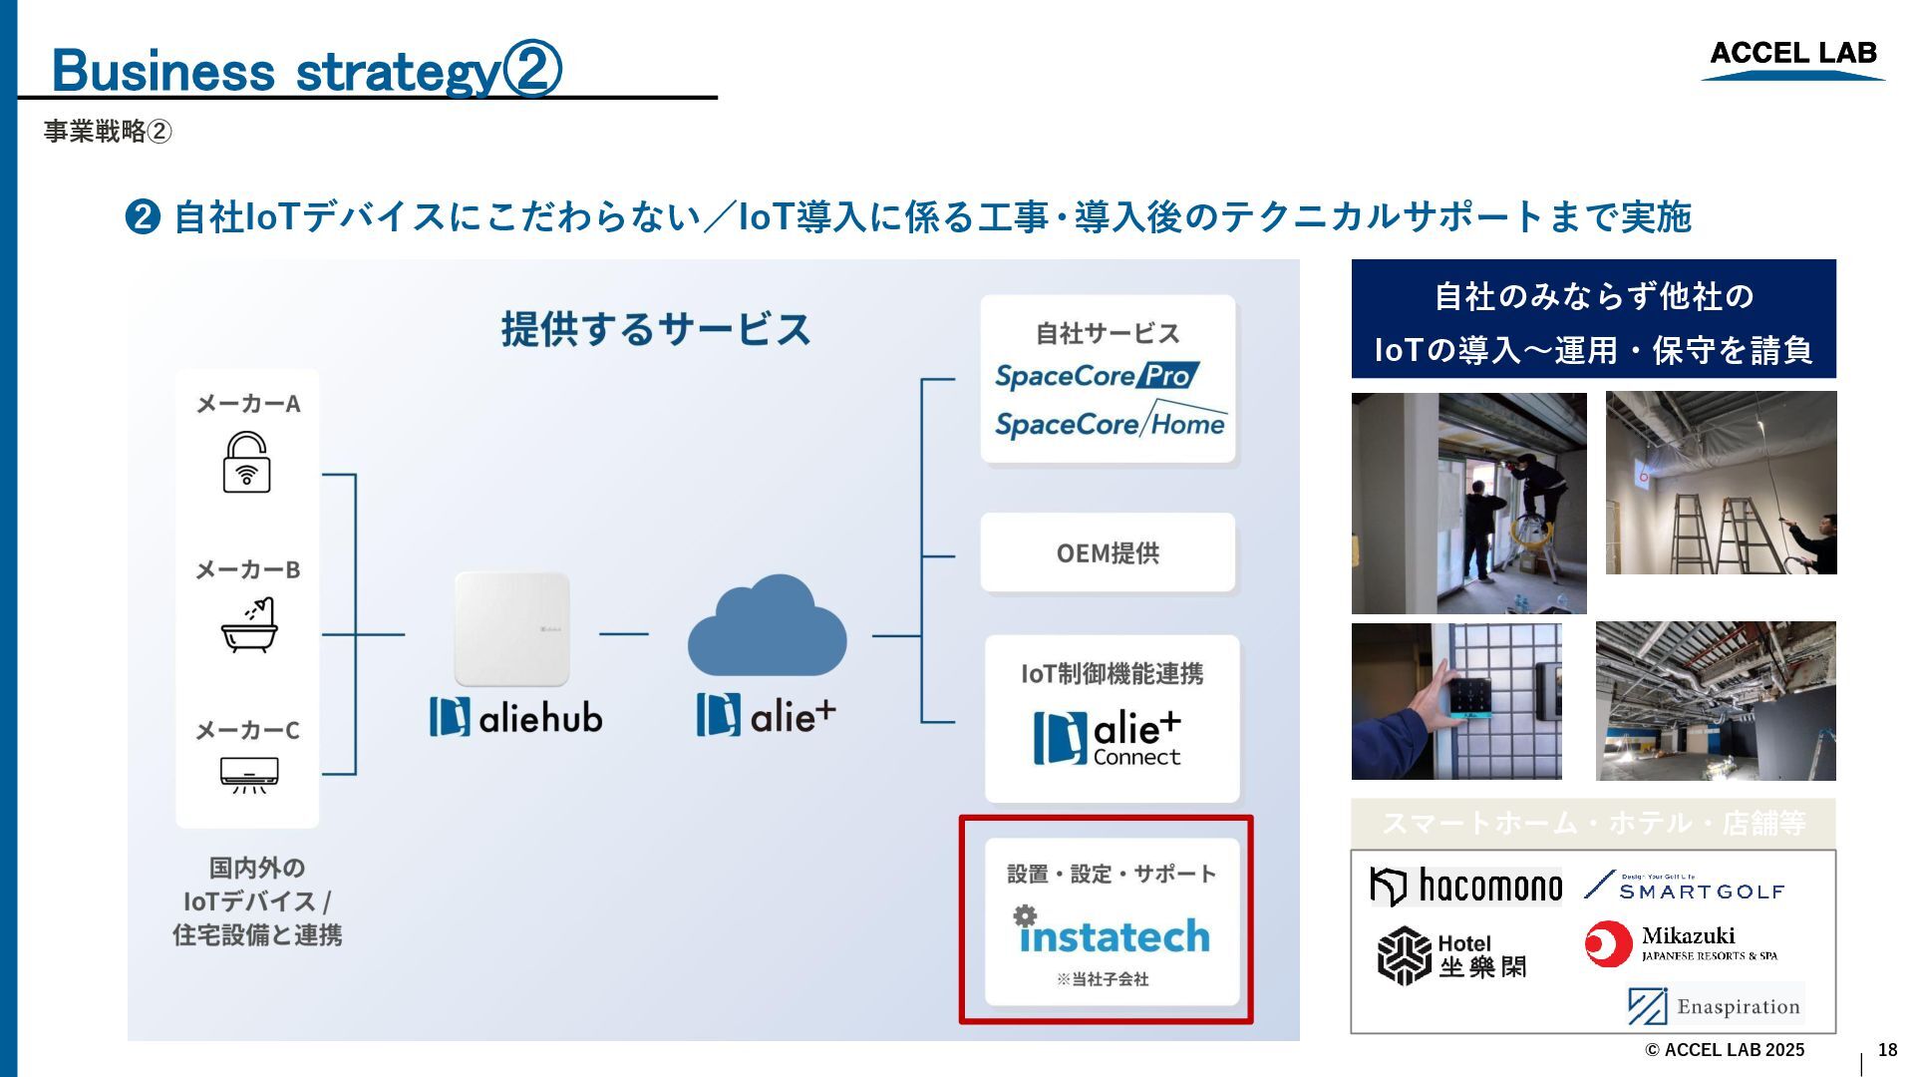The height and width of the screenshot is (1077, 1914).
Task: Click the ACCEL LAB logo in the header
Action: [x=1792, y=57]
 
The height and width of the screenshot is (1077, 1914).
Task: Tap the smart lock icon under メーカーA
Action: [x=246, y=462]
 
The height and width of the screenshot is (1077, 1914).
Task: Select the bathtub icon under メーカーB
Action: [x=248, y=625]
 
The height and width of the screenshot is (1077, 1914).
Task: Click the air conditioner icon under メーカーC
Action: [x=248, y=774]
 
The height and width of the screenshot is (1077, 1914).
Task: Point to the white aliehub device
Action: [x=511, y=628]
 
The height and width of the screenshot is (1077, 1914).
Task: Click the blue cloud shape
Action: [x=767, y=628]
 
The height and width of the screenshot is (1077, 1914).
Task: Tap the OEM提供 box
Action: [x=1108, y=553]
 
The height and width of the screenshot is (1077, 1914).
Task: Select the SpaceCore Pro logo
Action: [x=1097, y=376]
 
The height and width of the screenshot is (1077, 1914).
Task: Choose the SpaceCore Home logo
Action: [x=1110, y=423]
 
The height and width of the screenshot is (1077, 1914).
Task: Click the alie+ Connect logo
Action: [x=1108, y=738]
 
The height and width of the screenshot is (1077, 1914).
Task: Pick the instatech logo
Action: [x=1112, y=933]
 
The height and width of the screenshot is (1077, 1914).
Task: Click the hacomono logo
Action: [x=1465, y=886]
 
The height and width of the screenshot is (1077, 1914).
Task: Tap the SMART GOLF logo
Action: [x=1685, y=887]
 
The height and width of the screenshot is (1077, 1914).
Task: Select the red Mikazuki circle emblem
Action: [x=1608, y=944]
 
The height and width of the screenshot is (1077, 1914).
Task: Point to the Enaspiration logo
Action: [x=1715, y=1005]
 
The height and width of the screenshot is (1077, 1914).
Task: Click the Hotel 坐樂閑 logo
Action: [x=1451, y=955]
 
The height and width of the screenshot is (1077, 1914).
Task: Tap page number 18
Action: [x=1887, y=1050]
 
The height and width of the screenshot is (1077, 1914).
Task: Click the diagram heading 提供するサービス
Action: [x=655, y=329]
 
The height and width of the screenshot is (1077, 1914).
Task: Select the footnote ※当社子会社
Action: [x=1103, y=979]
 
